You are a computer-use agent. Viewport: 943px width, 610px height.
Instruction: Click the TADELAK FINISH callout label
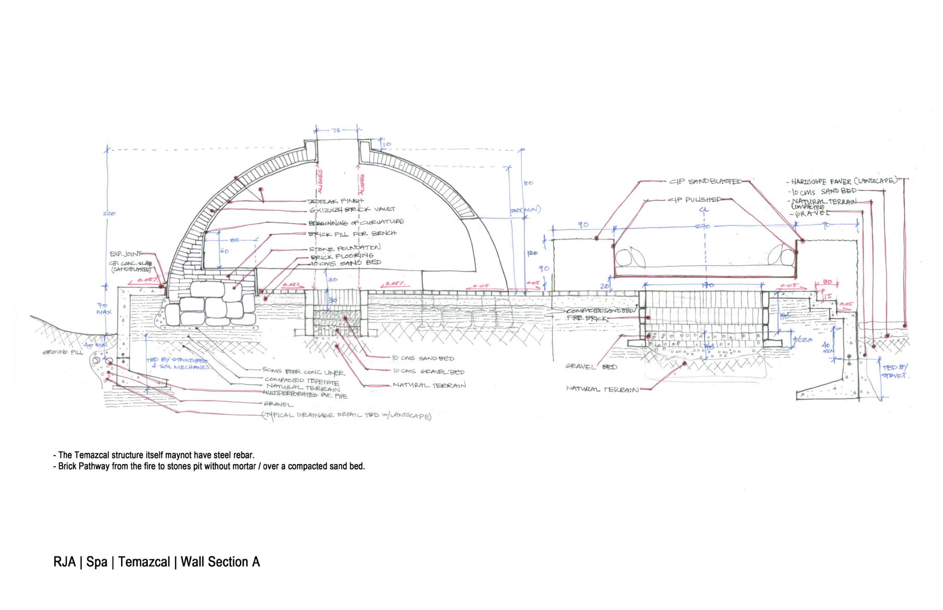tap(335, 201)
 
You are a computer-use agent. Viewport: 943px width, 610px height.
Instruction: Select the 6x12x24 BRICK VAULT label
tap(352, 210)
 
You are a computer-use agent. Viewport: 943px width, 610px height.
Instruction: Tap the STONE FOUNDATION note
tap(345, 249)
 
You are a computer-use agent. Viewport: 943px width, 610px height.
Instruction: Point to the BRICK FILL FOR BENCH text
tap(352, 234)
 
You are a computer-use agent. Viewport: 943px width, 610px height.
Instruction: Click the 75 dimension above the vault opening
tap(337, 130)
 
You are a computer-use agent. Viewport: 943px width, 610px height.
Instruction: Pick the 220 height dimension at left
tap(109, 214)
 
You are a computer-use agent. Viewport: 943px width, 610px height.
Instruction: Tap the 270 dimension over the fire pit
tap(703, 226)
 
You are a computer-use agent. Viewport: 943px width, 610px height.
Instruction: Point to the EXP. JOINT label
tap(126, 254)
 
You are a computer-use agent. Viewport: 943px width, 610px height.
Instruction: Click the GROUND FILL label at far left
tap(63, 352)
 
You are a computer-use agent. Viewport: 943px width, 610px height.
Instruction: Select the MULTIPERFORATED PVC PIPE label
tap(305, 395)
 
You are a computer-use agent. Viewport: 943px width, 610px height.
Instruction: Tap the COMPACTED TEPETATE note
tap(302, 381)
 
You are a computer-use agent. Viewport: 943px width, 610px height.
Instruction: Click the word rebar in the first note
tap(244, 455)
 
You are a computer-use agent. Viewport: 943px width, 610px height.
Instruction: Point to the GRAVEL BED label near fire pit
tap(591, 367)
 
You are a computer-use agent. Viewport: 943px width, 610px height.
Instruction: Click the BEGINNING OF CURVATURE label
tap(356, 222)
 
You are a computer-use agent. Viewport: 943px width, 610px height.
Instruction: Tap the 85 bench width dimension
tap(235, 240)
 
